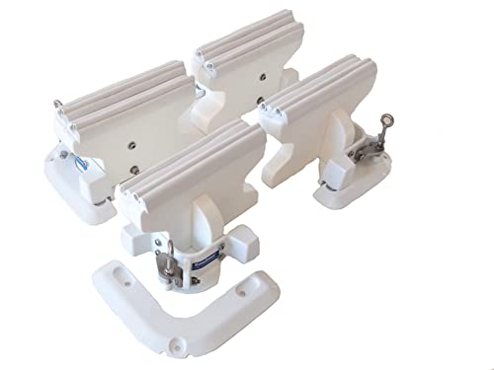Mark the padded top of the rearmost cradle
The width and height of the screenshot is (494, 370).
247,40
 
